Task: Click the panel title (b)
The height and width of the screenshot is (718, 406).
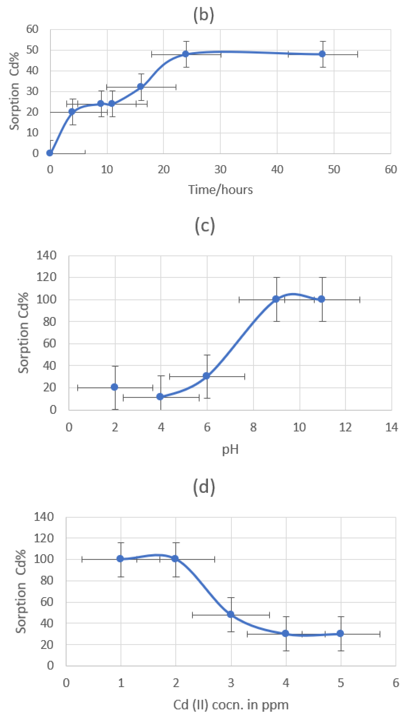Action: [x=204, y=15]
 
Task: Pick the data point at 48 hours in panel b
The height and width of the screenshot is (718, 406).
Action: [x=322, y=54]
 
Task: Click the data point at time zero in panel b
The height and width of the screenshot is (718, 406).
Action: [x=50, y=153]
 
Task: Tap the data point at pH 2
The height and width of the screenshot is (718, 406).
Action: [x=114, y=387]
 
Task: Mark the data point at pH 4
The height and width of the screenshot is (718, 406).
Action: [x=160, y=397]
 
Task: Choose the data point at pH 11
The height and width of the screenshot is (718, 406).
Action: [x=322, y=299]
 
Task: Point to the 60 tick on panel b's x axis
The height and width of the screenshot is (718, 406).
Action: [x=391, y=170]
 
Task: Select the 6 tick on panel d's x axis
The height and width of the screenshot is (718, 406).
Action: [x=395, y=683]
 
